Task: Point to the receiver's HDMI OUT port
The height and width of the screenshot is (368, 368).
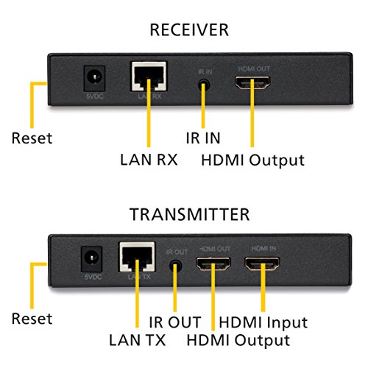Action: pos(252,82)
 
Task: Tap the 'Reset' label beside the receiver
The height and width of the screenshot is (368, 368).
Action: pos(32,138)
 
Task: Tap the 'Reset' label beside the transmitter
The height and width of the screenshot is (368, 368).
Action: pos(32,319)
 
